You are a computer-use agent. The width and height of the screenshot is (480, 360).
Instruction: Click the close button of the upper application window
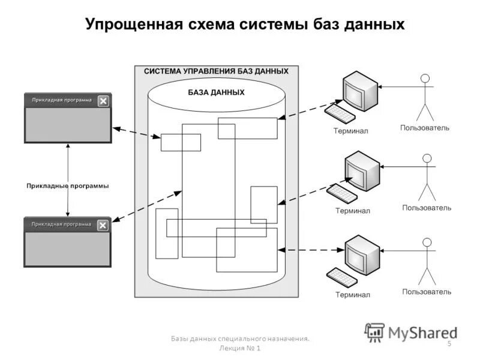coord(103,101)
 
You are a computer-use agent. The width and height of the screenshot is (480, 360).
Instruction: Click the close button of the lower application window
coord(103,225)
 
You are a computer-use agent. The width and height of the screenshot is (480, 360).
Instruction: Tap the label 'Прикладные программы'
coord(68,186)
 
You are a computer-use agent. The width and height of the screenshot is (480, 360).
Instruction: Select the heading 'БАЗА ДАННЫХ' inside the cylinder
coord(216,93)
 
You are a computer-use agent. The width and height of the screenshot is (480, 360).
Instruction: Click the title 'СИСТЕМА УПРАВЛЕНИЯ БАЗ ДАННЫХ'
coord(216,71)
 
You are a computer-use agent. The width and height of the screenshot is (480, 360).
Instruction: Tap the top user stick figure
coord(425,97)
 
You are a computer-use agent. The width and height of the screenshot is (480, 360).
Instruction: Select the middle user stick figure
coord(427,178)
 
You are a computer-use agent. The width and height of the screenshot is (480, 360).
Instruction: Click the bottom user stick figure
coord(427,262)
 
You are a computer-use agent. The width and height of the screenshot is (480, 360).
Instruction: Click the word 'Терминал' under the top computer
coord(351,130)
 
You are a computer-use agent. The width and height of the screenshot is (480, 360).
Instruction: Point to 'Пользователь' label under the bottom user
coord(427,292)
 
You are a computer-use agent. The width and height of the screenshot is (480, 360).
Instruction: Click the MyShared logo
coord(410,332)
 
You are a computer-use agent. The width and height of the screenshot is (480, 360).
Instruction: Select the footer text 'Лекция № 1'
coord(240,350)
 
